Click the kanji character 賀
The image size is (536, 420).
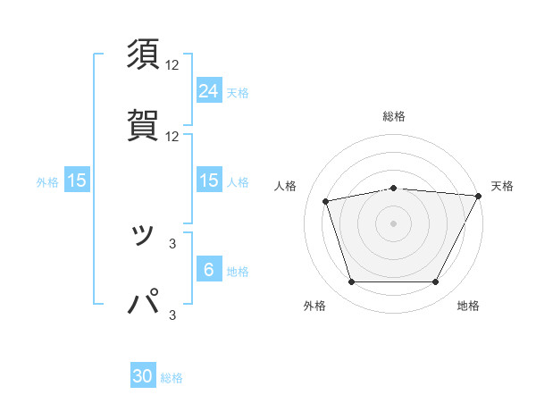click(144, 124)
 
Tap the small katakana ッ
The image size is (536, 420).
click(143, 235)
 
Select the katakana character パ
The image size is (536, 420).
click(144, 303)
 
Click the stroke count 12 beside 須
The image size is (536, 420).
click(172, 66)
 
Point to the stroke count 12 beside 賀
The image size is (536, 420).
click(172, 137)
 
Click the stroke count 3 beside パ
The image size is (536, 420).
click(172, 314)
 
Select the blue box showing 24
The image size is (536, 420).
click(208, 90)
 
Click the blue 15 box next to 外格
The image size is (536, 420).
click(77, 181)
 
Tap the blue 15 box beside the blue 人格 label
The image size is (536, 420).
click(208, 181)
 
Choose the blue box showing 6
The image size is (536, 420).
click(208, 270)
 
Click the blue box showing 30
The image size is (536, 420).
click(143, 376)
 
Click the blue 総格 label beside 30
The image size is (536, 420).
click(172, 378)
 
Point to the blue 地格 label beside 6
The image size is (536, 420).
click(238, 272)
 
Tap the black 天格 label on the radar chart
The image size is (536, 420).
click(502, 186)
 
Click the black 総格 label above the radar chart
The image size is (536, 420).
click(393, 116)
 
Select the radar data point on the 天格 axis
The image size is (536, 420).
click(479, 195)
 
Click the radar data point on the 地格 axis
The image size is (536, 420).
click(435, 282)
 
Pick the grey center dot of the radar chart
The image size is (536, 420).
click(393, 223)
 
